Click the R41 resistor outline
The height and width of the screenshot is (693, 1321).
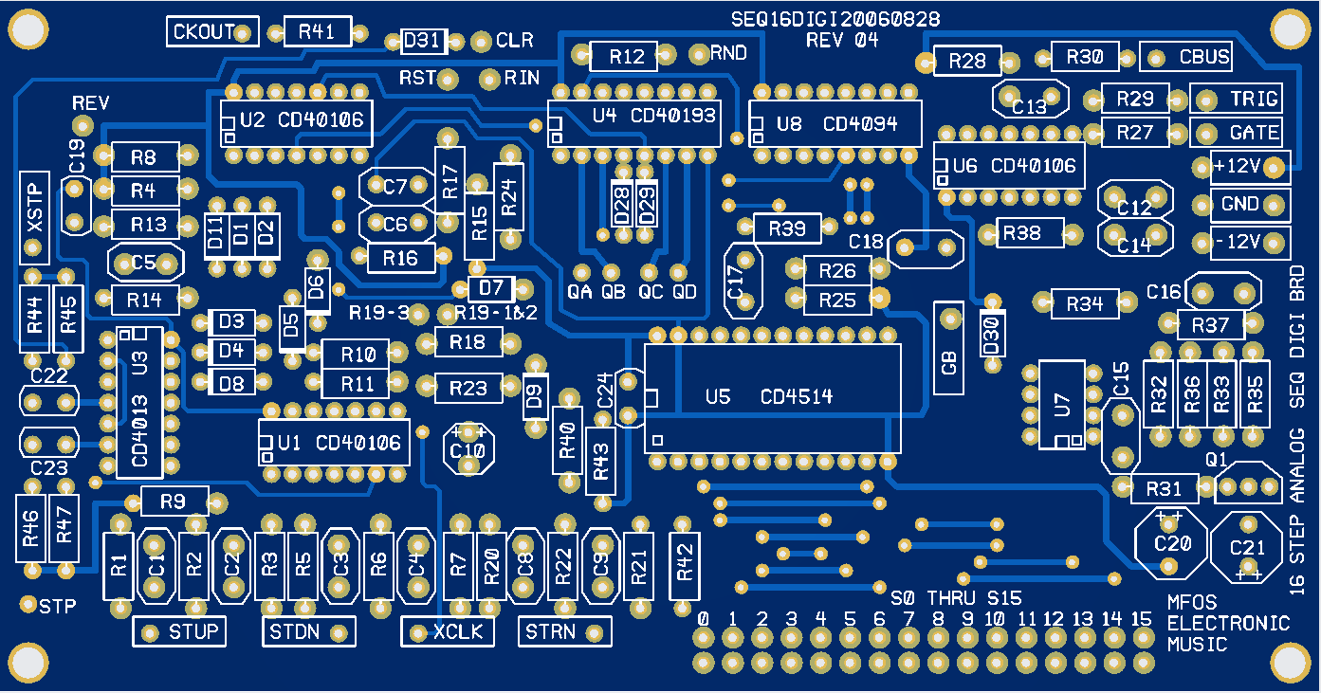[x=317, y=31]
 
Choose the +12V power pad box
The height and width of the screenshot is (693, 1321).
[x=1250, y=167]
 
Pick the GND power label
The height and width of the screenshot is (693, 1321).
[x=1240, y=204]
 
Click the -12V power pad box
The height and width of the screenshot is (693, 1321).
[x=1250, y=242]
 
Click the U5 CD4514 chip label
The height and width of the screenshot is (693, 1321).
[x=770, y=396]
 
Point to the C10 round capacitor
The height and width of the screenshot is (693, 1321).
[x=468, y=448]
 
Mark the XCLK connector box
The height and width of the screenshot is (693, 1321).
[x=448, y=631]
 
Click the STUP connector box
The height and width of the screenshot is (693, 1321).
[x=179, y=631]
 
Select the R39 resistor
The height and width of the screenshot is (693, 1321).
[x=787, y=228]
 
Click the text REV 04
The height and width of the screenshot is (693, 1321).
[x=842, y=40]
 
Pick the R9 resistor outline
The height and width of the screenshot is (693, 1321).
[x=172, y=501]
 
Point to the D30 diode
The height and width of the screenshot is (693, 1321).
[x=991, y=336]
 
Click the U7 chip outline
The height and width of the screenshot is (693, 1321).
[x=1061, y=405]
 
